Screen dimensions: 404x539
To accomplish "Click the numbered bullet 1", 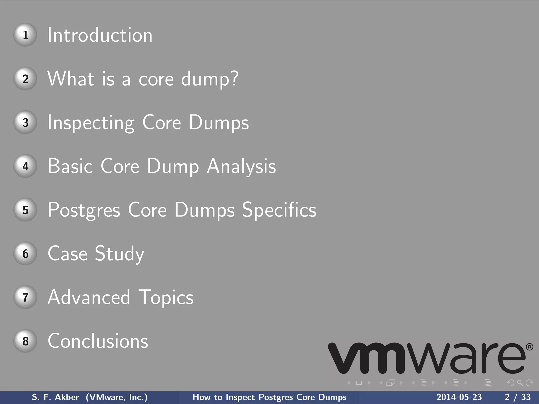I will click(25, 35).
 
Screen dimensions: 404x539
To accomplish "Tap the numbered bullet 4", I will click(25, 166).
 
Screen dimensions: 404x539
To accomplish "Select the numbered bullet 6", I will click(25, 253).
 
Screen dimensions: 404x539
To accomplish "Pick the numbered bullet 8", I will click(25, 341).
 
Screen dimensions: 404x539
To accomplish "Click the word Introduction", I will click(100, 35).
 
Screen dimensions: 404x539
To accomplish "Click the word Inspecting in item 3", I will click(91, 123).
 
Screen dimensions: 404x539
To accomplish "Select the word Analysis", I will click(241, 166).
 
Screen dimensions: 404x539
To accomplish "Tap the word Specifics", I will click(279, 210).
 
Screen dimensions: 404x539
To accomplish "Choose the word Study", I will click(119, 254).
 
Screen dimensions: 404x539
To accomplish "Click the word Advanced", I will click(89, 297).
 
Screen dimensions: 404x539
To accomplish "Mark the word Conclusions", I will click(98, 341).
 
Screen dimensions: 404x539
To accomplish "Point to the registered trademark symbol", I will click(530, 347).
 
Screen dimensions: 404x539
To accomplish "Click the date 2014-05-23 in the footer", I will click(459, 397).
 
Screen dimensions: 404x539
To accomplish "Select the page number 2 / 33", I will click(518, 397).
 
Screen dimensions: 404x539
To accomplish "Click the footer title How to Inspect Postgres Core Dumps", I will click(269, 397).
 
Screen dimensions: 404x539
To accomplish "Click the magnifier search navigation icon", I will click(520, 383).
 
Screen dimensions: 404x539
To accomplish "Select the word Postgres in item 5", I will click(84, 210).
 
